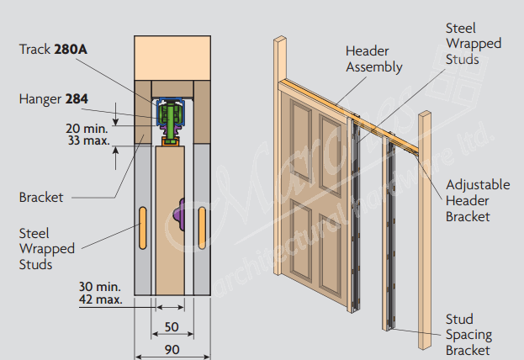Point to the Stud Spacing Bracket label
468,335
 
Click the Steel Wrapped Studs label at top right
473,43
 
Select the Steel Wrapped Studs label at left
47,248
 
